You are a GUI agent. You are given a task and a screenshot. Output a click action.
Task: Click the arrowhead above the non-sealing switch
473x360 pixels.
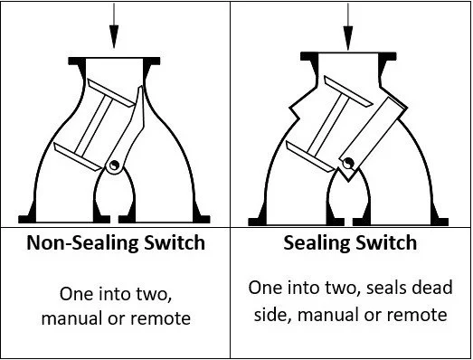pos(114,36)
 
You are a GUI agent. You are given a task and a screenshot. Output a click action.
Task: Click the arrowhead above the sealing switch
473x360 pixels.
pos(348,38)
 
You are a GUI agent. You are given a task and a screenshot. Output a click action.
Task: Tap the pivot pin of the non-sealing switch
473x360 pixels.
pos(114,165)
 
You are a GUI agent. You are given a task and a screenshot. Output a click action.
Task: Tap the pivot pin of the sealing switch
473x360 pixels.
pos(349,163)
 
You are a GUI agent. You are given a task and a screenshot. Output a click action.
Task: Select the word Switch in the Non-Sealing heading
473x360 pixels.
pos(175,242)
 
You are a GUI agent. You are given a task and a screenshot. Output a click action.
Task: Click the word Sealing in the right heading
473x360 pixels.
pos(314,242)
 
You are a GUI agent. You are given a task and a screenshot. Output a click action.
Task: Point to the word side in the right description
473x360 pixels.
pos(273,315)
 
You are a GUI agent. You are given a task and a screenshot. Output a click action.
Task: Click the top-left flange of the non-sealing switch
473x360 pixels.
pos(77,62)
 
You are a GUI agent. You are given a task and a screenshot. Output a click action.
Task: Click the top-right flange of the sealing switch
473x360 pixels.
pos(387,57)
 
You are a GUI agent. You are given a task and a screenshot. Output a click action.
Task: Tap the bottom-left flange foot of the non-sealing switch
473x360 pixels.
pos(27,218)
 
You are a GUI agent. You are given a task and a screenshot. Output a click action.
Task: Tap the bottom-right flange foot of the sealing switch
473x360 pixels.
pos(440,222)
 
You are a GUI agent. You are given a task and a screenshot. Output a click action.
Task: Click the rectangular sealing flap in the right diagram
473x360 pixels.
pos(374,137)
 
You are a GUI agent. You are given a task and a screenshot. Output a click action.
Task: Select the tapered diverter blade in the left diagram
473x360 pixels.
pos(128,127)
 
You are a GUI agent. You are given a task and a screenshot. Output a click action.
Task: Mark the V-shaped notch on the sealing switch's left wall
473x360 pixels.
pos(295,112)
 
